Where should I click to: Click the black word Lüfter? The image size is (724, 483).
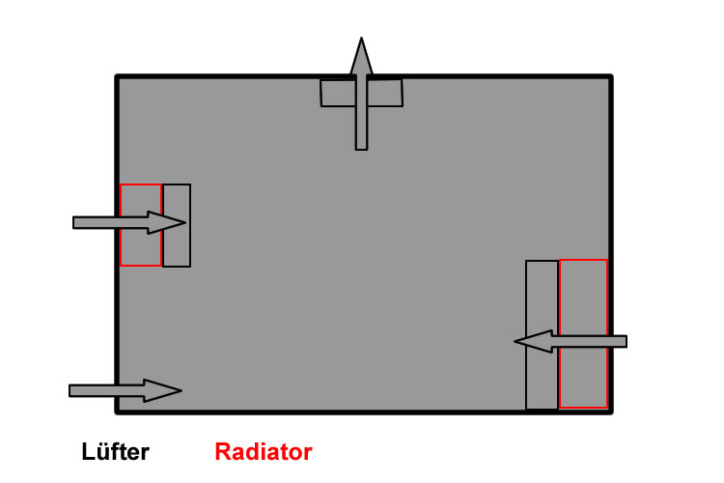tap(114, 451)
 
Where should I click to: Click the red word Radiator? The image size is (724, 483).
tap(263, 451)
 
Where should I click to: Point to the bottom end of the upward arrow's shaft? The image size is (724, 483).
tap(361, 146)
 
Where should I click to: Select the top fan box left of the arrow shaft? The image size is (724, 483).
tap(337, 93)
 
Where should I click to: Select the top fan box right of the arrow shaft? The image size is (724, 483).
tap(385, 93)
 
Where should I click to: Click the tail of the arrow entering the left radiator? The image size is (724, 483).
tap(77, 222)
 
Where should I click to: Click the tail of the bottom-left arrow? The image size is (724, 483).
tap(73, 390)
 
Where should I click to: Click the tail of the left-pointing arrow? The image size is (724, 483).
tap(623, 341)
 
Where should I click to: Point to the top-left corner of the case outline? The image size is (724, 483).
tap(118, 76)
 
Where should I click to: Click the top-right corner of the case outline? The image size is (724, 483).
tap(610, 76)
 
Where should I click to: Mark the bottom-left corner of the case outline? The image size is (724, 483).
tap(118, 412)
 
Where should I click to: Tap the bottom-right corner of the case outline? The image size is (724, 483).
tap(610, 412)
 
